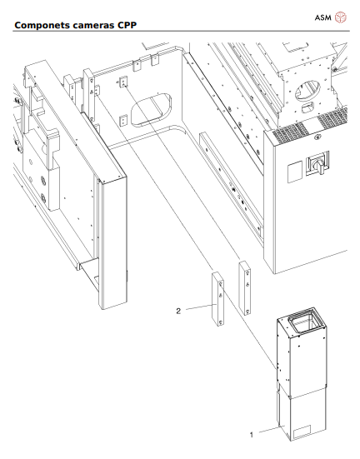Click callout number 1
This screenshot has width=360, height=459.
pyautogui.click(x=251, y=434)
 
